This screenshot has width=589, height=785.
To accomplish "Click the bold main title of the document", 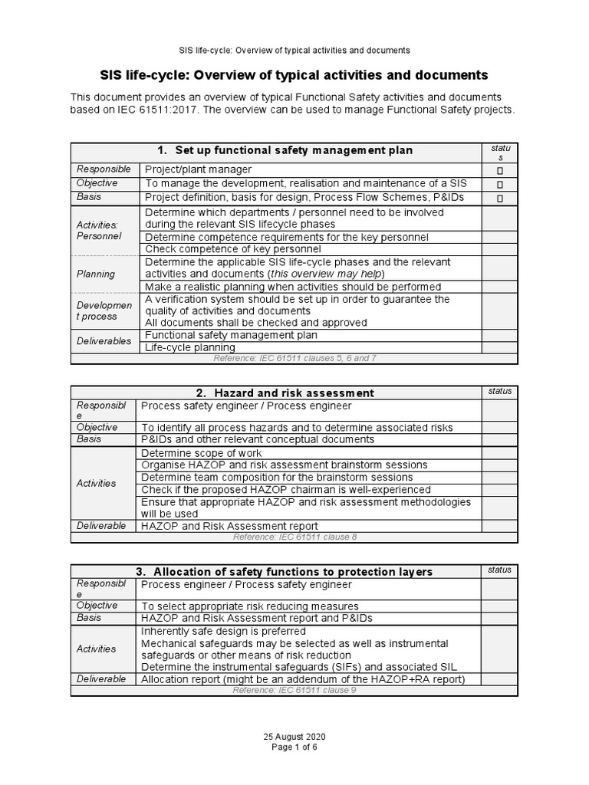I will pos(294,75).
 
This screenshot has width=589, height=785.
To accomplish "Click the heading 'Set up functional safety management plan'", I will pos(294,150).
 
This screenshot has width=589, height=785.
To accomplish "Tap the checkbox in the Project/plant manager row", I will pos(499,170).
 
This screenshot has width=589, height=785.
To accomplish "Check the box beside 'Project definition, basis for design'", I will pos(499,198).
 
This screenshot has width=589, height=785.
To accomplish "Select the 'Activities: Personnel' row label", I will pos(97,230).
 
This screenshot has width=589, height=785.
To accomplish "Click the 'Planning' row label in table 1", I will pos(96,274).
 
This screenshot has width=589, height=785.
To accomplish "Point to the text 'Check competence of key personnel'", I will pos(222,249).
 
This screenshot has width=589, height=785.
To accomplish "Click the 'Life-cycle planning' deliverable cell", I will pos(190,347).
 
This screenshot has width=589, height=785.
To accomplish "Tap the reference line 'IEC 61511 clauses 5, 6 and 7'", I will pos(294,358).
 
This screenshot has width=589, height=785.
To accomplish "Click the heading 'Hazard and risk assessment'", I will pos(294,393).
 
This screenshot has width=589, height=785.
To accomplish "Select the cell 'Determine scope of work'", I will pos(202,453).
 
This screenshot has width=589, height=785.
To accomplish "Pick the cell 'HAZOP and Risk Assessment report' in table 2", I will pos(229,526).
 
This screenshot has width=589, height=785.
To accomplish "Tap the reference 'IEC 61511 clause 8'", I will pos(294,537).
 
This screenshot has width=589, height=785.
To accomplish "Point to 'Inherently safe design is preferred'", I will pos(223,631).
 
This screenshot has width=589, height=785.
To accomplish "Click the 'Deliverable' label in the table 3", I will pos(101,679).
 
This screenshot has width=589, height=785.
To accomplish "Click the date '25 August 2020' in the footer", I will pos(294,737).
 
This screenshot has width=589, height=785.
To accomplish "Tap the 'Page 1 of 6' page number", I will pos(294,747).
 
